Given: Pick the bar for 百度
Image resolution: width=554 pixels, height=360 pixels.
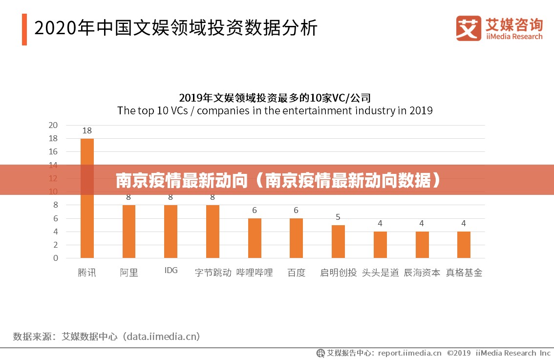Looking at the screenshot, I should [x=296, y=238].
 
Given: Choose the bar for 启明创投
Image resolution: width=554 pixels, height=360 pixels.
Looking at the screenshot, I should [x=338, y=241].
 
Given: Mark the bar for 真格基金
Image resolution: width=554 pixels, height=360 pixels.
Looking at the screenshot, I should [x=464, y=245].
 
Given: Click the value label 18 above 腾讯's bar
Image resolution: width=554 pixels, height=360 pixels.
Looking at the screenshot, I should [x=87, y=130].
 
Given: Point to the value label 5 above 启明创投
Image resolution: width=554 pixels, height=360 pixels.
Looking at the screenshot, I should [x=338, y=217].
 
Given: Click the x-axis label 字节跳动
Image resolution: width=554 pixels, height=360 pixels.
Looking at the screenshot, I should [x=213, y=273].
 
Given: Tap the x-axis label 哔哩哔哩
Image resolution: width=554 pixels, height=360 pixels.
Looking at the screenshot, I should [x=255, y=273].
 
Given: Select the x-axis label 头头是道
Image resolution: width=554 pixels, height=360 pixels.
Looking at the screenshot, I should [x=380, y=273].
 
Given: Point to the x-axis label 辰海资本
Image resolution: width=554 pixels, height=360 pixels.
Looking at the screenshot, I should [x=422, y=273].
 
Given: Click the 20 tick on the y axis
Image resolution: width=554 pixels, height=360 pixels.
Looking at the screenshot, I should [x=53, y=125].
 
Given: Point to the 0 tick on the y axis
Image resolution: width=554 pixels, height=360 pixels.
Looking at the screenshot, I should [x=55, y=258].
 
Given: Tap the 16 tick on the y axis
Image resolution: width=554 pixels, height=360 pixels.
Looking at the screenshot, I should [x=53, y=151].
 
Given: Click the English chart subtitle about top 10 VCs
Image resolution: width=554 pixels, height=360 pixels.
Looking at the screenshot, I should [x=275, y=110].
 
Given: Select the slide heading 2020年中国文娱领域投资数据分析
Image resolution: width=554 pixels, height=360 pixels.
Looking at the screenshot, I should [x=176, y=28].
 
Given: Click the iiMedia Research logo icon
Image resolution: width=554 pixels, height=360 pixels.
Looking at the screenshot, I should [x=469, y=28].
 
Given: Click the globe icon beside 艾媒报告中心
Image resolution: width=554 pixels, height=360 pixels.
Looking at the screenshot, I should [x=321, y=353].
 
